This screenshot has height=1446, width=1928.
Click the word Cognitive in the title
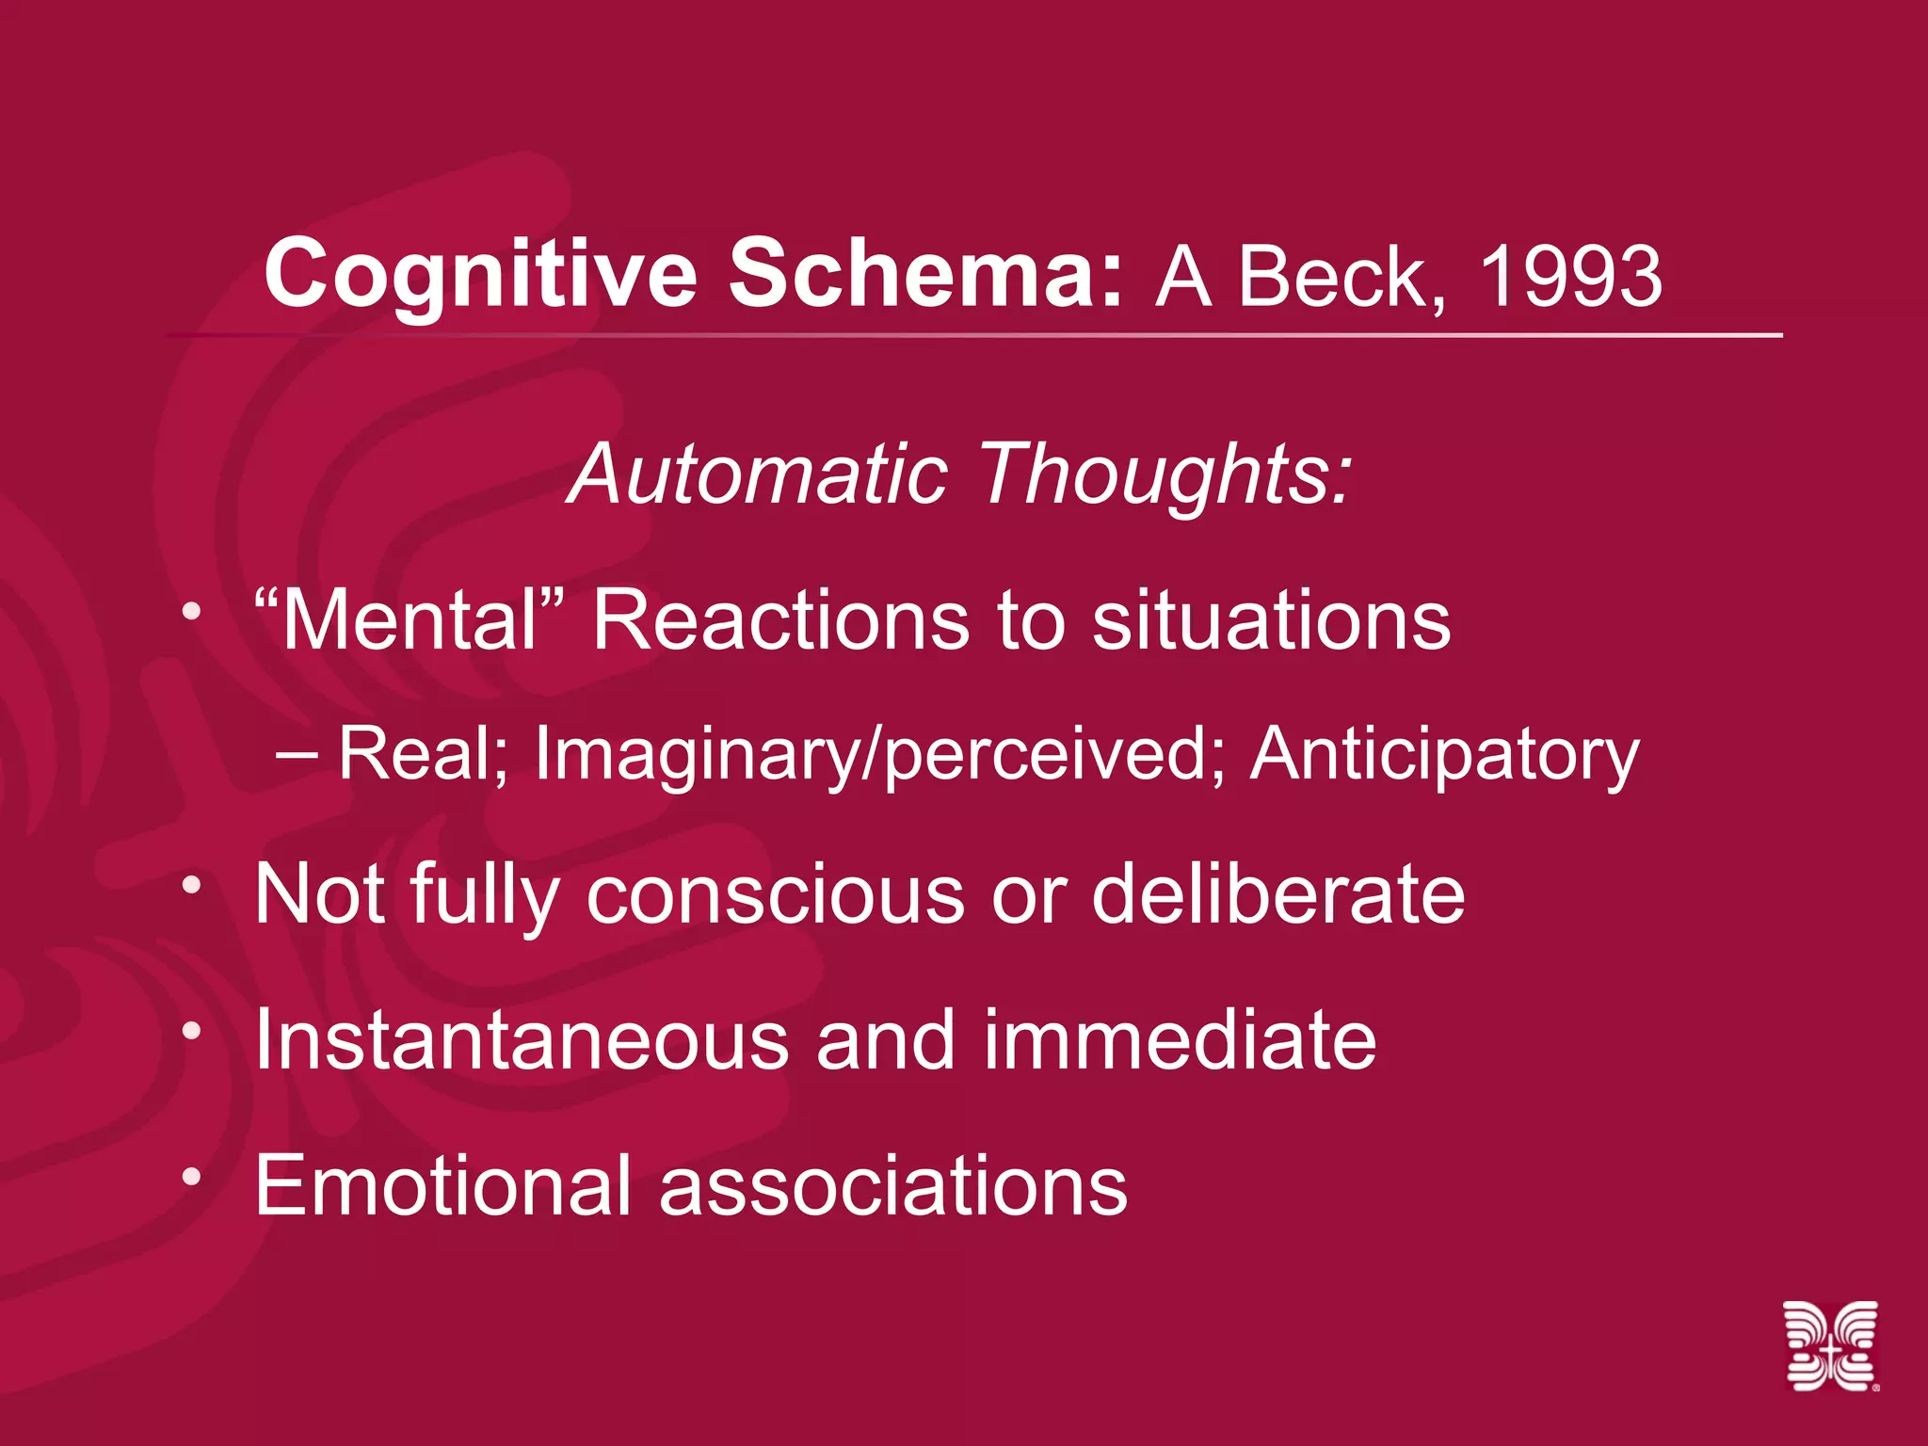(x=480, y=275)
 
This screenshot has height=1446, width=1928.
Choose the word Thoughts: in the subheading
(x=1166, y=475)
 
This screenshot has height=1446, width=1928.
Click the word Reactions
(x=780, y=620)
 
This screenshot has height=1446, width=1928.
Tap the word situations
(x=1272, y=620)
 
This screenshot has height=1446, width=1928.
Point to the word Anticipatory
(x=1444, y=756)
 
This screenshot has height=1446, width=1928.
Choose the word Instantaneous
(x=522, y=1039)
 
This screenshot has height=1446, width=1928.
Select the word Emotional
(x=442, y=1185)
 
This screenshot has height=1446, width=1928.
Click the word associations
(x=893, y=1185)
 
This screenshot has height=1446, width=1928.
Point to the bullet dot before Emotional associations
(x=192, y=1176)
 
